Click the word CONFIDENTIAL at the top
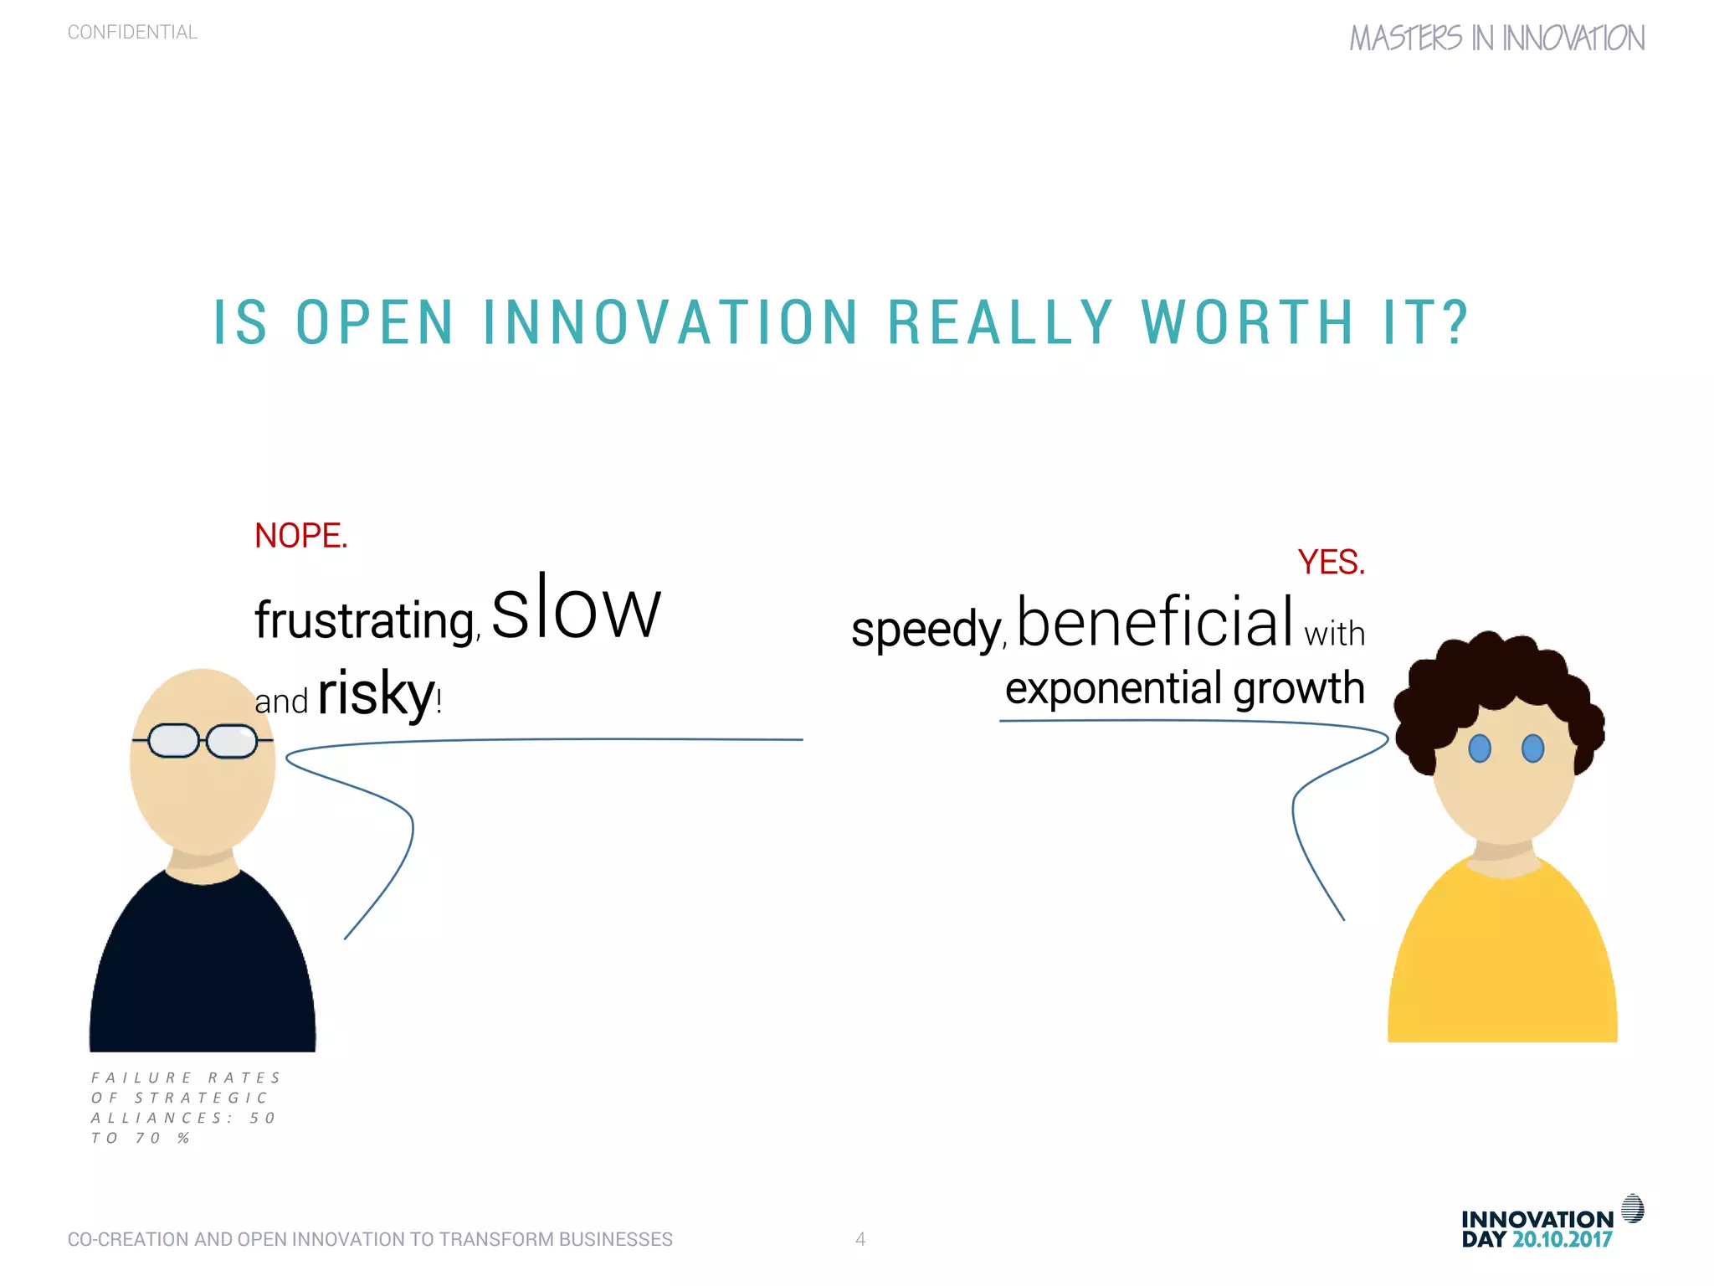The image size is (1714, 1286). [x=132, y=33]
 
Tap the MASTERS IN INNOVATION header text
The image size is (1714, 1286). [x=1496, y=39]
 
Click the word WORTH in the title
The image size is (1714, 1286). [x=1247, y=323]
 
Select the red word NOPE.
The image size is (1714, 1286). [x=300, y=536]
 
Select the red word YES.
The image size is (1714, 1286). [x=1331, y=563]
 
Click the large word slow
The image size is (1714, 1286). [x=576, y=610]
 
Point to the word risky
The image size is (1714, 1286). [x=376, y=694]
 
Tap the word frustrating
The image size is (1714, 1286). [x=366, y=620]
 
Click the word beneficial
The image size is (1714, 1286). [x=1156, y=621]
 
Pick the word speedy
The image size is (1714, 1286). [x=926, y=630]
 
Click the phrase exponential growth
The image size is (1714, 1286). [x=1184, y=688]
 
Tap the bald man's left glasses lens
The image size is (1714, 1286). [x=173, y=741]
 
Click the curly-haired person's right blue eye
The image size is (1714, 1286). [x=1532, y=748]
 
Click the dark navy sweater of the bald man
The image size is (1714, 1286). [x=203, y=971]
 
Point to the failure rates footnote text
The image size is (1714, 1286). [x=184, y=1108]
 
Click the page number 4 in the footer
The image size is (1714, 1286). [x=860, y=1239]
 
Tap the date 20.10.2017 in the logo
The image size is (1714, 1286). [x=1562, y=1240]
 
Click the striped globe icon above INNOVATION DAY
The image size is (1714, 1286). [x=1632, y=1209]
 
